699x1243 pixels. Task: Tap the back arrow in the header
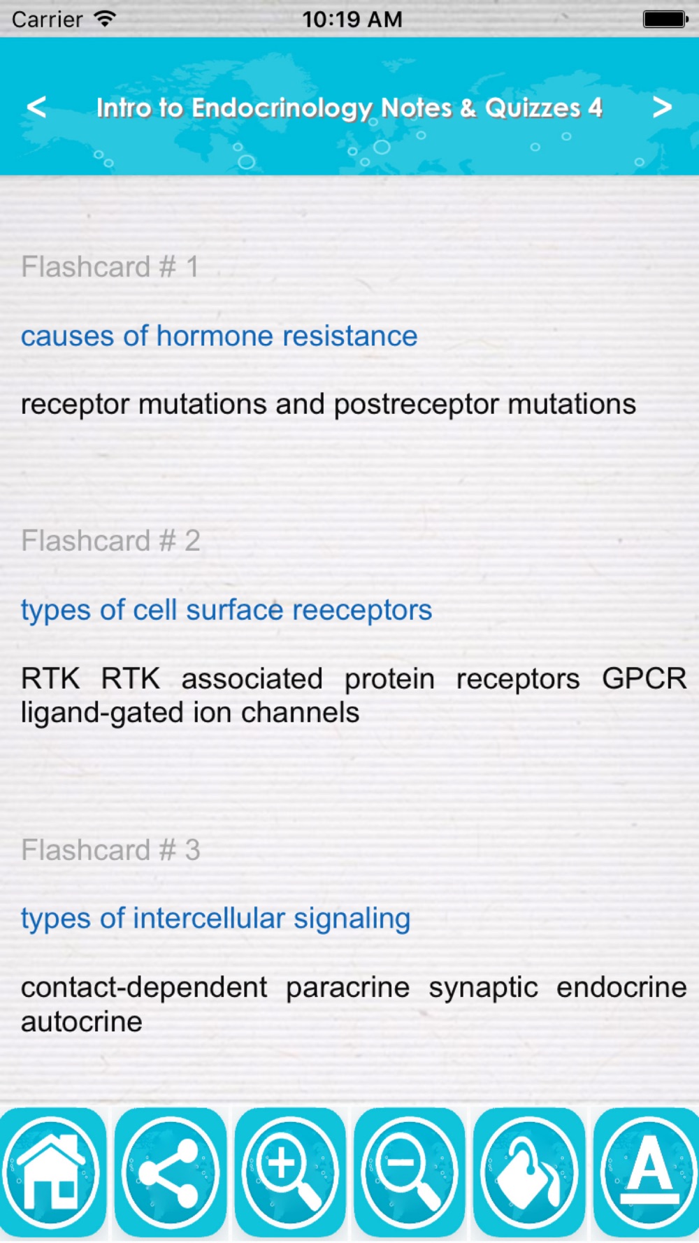(36, 107)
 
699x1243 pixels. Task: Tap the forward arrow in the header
(662, 107)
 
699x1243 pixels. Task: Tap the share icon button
(171, 1172)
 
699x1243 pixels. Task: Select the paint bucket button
(529, 1172)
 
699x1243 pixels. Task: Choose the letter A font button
(647, 1172)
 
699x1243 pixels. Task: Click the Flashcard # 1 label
(110, 266)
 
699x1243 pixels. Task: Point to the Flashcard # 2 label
(110, 540)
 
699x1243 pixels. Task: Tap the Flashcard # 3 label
(110, 850)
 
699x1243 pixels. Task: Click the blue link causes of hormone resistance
(219, 336)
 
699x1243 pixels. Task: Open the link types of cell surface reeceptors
(226, 610)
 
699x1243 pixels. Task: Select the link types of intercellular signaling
(215, 919)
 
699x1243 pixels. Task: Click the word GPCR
(644, 678)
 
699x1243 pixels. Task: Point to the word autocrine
(82, 1022)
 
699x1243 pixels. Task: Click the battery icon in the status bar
(665, 19)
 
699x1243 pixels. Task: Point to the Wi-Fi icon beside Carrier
(105, 19)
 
